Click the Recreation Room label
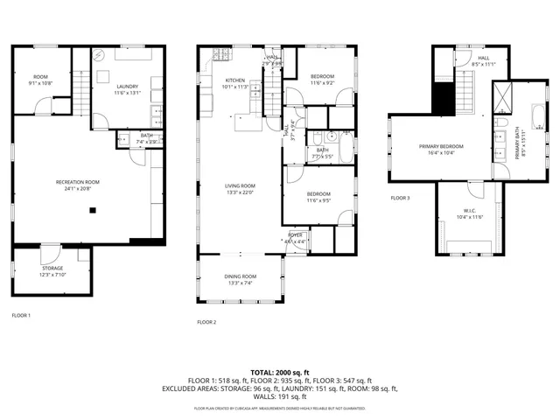coord(78,181)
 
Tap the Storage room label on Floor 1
coord(52,269)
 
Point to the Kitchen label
coord(210,80)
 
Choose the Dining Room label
coord(240,276)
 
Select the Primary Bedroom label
coord(441,146)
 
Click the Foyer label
coord(296,234)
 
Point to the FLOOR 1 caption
coord(21,315)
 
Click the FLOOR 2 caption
coord(206,322)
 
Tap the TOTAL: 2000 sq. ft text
coord(280,372)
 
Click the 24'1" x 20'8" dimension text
coord(78,188)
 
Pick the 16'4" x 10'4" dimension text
coord(441,153)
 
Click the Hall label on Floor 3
coord(483,58)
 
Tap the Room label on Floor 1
coord(41,76)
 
